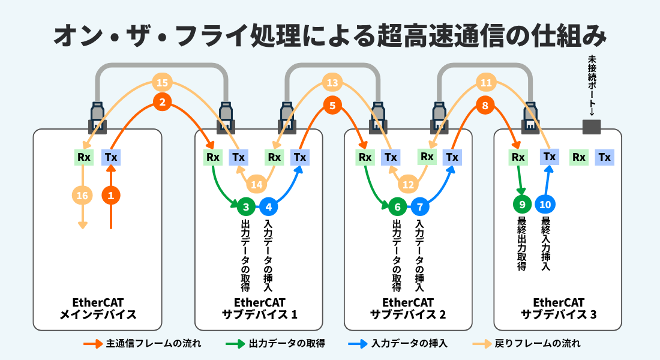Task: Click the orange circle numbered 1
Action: (x=111, y=196)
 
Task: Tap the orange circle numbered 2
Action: (x=162, y=101)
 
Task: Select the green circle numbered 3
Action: (x=246, y=207)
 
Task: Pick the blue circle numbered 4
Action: (x=269, y=207)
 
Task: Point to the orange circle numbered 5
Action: (x=332, y=105)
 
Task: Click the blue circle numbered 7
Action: (x=419, y=207)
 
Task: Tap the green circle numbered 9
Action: (x=522, y=204)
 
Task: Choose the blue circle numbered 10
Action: (x=545, y=204)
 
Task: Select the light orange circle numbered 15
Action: (x=162, y=83)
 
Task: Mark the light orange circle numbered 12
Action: (x=408, y=184)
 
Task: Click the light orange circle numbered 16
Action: (x=82, y=196)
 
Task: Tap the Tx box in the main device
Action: (x=111, y=157)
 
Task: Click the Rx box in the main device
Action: (x=84, y=157)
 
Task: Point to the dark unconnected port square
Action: (x=592, y=127)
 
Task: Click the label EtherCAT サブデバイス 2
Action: (x=408, y=308)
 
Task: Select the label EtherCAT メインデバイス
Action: (x=98, y=308)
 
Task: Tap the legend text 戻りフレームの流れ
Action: (x=538, y=344)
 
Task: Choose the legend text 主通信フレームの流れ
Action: (x=154, y=344)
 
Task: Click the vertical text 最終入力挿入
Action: (x=546, y=244)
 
